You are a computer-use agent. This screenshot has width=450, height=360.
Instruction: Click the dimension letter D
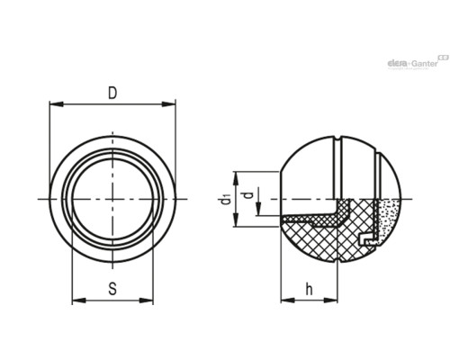112,93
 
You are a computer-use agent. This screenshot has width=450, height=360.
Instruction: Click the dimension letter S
112,289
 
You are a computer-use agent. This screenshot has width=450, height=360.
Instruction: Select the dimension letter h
309,289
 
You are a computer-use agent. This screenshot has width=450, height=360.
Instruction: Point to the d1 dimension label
226,200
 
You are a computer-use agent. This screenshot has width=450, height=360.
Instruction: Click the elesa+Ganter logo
418,63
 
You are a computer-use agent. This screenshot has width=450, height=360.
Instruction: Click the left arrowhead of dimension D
57,104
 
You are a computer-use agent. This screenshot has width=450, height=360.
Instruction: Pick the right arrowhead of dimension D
168,104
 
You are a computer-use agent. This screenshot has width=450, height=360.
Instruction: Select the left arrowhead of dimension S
79,301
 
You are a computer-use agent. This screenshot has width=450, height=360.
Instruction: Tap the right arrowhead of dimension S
146,301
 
